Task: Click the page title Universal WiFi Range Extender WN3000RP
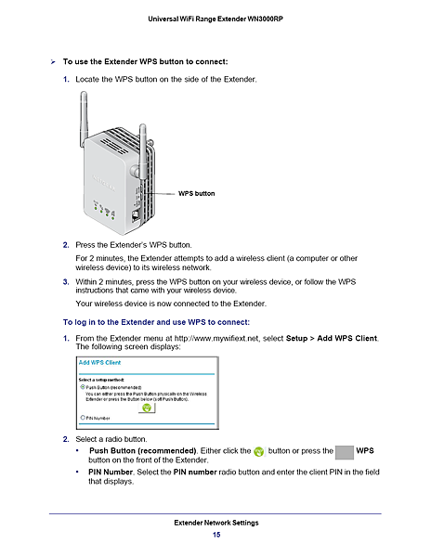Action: coord(215,19)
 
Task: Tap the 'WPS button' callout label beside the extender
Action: coord(196,193)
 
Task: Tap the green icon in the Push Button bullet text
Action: coord(259,451)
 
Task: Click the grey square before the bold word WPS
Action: coord(344,451)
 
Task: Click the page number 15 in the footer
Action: coord(215,535)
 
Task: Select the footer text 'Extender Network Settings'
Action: coord(215,523)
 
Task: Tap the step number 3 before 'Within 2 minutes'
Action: coord(65,280)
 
